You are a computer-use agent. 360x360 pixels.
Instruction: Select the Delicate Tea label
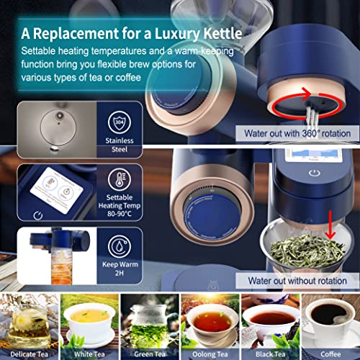(x=29, y=353)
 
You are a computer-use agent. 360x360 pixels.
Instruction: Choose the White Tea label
(x=89, y=353)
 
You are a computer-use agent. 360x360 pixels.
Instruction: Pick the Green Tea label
(x=149, y=353)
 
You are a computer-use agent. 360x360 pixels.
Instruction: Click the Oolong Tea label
(x=209, y=353)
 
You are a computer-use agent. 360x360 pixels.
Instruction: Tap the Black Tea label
(x=268, y=353)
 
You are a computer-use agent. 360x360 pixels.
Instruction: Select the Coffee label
(x=328, y=353)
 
